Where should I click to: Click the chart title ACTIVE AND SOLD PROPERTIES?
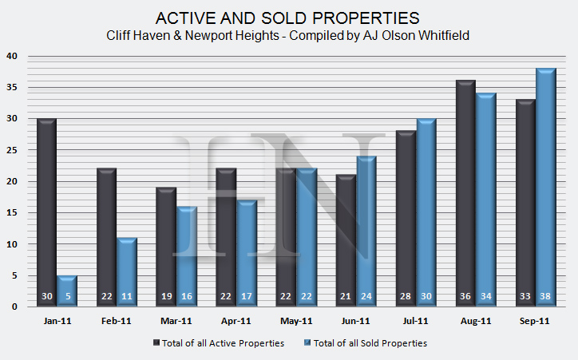coord(288,18)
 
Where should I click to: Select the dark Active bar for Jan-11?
coord(47,212)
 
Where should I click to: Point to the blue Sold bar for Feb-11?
coord(127,271)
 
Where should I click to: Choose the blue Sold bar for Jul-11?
coord(426,212)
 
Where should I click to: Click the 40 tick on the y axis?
coord(11,57)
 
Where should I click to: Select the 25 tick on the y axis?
coord(11,150)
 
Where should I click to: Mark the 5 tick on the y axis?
coord(14,275)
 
